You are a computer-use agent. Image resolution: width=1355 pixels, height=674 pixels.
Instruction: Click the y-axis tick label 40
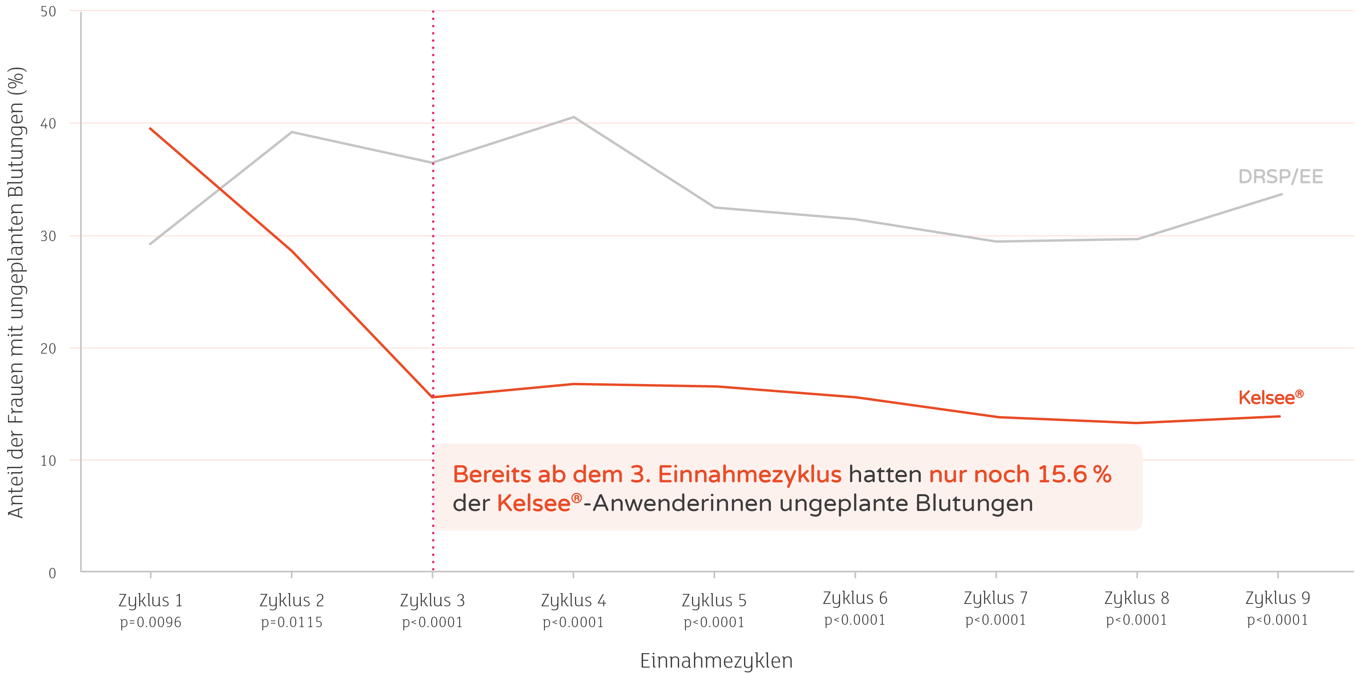[x=48, y=124]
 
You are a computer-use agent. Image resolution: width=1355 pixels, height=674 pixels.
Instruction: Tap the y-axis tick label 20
[x=48, y=348]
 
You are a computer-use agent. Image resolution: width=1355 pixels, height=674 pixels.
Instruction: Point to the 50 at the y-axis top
[x=48, y=12]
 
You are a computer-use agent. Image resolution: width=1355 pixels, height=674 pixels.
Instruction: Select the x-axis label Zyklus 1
[x=150, y=600]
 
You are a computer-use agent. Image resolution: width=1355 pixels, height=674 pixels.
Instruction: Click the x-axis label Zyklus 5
[x=714, y=600]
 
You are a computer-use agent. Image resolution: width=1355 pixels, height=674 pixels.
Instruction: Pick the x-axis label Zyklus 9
[x=1277, y=598]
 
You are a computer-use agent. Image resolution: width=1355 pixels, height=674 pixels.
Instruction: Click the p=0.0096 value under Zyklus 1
[x=150, y=622]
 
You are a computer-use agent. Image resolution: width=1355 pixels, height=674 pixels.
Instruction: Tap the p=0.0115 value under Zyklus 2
[x=291, y=622]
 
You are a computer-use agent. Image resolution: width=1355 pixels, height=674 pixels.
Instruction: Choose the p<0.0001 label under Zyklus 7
[x=995, y=620]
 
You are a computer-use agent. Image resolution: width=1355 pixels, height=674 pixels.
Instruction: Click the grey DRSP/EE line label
[x=1280, y=177]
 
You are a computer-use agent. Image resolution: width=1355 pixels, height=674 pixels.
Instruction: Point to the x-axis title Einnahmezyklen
[x=716, y=660]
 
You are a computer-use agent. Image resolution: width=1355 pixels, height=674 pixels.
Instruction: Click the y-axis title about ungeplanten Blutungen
[x=16, y=292]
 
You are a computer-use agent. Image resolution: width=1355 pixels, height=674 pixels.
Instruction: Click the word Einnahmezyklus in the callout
[x=750, y=474]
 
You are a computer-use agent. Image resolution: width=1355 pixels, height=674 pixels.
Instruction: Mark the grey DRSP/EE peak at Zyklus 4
[x=573, y=117]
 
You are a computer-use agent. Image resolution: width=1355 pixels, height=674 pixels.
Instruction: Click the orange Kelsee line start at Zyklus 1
[x=150, y=128]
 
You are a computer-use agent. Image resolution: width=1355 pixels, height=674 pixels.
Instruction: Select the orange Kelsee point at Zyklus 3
[x=433, y=397]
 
